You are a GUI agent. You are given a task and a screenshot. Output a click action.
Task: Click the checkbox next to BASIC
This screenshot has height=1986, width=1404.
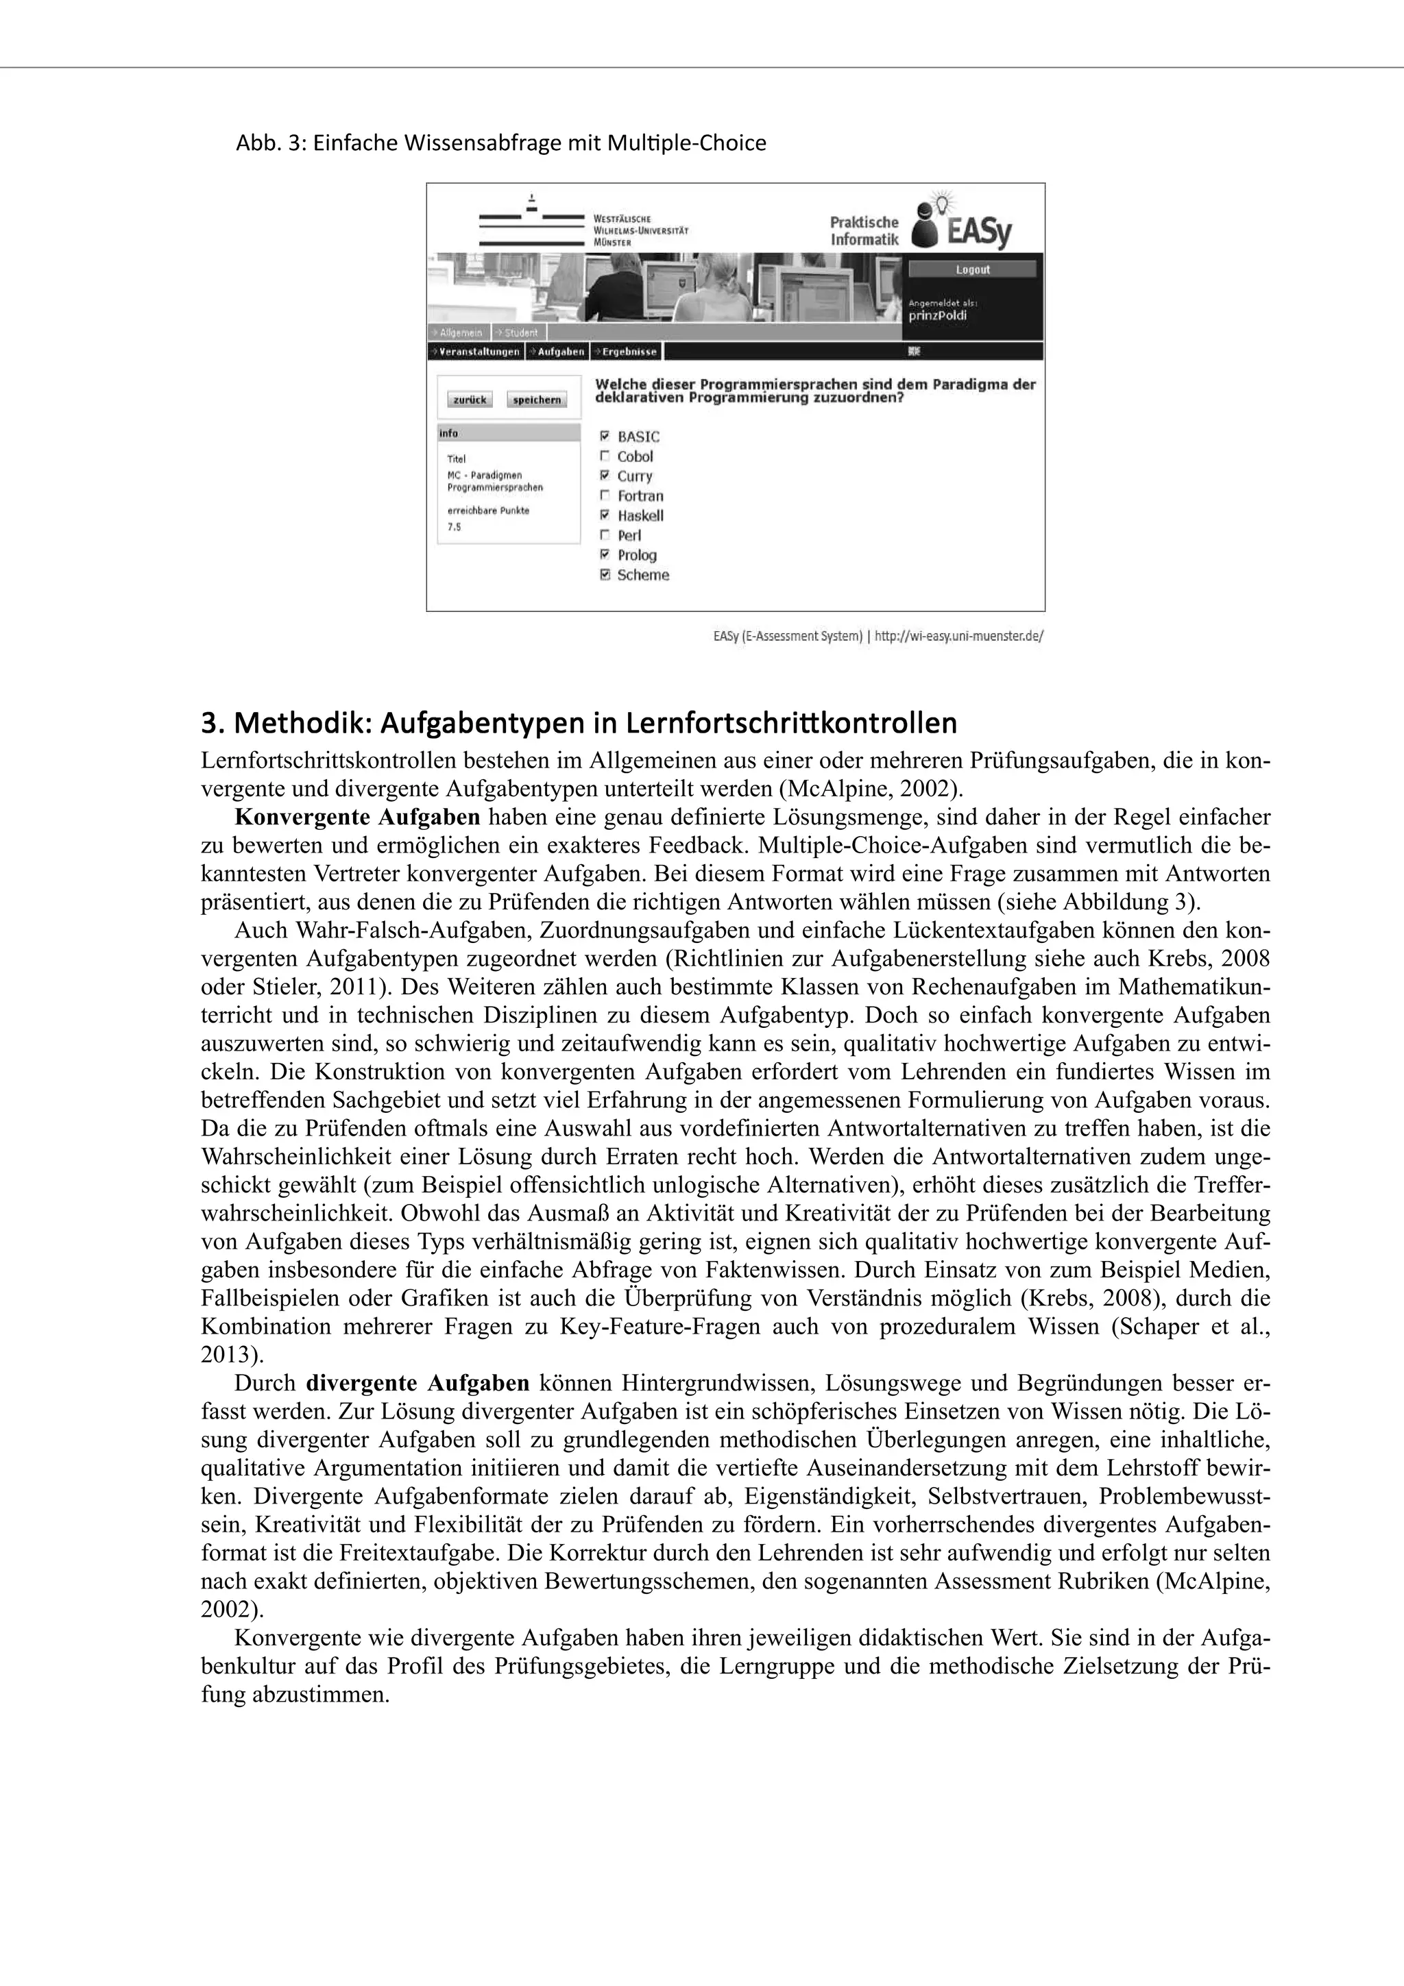point(605,437)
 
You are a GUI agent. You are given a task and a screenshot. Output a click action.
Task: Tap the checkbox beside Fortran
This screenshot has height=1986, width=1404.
point(605,495)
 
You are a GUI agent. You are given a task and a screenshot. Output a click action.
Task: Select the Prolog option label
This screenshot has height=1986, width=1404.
point(637,555)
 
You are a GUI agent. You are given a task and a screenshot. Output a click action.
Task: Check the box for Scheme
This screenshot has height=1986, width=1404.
point(605,575)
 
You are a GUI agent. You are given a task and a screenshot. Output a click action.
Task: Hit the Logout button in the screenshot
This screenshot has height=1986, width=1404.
point(972,270)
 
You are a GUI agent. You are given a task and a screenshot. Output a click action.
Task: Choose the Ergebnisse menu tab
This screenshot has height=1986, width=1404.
point(628,351)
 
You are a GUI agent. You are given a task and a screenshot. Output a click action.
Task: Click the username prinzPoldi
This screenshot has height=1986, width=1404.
point(938,316)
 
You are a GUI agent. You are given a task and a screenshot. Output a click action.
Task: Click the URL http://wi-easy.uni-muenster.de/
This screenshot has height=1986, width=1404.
point(959,636)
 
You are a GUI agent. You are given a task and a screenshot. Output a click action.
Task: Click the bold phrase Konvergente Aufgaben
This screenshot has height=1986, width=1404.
point(357,817)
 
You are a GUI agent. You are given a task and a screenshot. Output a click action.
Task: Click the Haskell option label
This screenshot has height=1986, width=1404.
point(640,515)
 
